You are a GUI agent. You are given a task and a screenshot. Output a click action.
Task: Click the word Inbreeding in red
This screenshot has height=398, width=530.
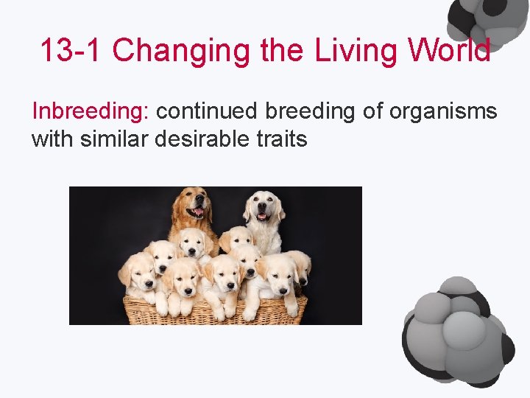tap(90, 112)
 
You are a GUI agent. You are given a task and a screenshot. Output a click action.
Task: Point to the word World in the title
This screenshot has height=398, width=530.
tap(451, 51)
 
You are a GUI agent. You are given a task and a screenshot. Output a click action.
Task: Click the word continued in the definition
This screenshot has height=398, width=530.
tap(207, 112)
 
